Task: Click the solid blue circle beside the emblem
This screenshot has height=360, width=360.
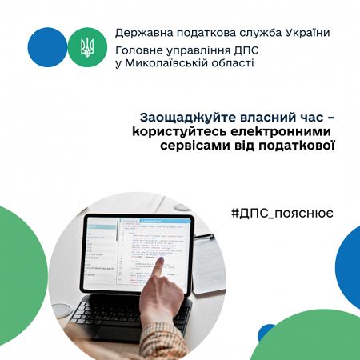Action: [47, 47]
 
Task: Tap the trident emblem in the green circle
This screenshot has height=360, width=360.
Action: [87, 47]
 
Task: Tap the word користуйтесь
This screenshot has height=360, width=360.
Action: [171, 130]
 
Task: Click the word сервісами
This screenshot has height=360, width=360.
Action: [195, 145]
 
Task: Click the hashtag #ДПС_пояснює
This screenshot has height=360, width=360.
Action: [281, 215]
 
